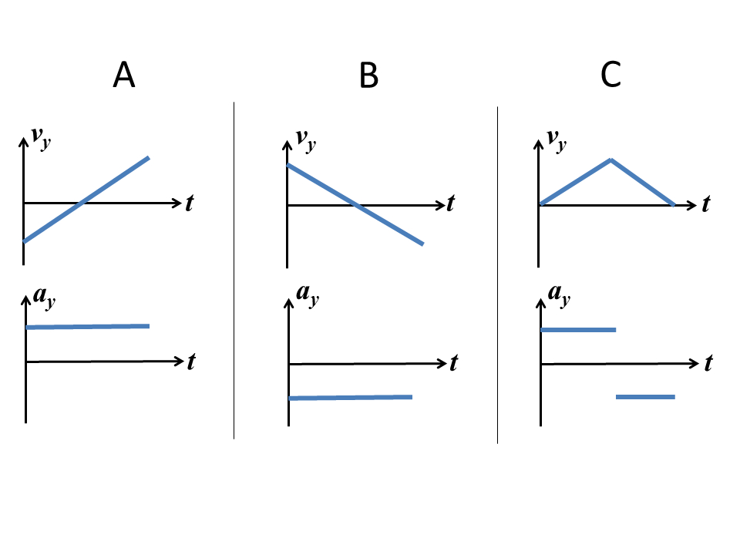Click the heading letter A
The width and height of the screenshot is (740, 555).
point(123,75)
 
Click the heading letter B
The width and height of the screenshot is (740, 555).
point(369,76)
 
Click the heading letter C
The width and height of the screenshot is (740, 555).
point(610,75)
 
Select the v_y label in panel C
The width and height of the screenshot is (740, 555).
point(556,140)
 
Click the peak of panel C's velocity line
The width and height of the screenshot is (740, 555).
point(610,160)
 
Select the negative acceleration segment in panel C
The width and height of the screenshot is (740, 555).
point(645,397)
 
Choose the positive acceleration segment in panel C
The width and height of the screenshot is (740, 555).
point(578,330)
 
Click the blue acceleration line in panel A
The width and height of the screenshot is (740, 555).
point(87,327)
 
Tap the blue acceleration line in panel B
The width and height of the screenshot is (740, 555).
point(350,398)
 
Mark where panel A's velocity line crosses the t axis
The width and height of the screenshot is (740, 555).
point(81,203)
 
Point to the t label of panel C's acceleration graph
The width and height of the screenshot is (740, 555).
point(708,363)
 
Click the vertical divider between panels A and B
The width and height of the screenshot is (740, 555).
point(234,270)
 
